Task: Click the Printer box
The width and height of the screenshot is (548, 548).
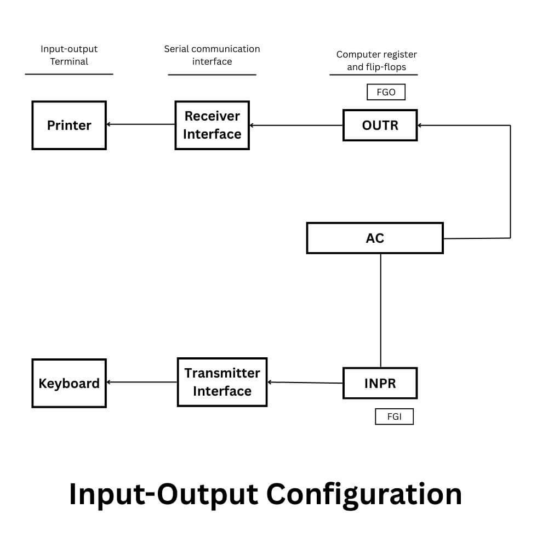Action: click(69, 125)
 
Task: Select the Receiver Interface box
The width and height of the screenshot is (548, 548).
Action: click(212, 125)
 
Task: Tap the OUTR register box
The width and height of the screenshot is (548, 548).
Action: click(380, 125)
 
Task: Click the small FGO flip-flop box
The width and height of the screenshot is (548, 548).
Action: click(386, 92)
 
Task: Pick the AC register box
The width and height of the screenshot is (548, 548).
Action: click(375, 238)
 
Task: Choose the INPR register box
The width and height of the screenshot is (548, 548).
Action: click(380, 383)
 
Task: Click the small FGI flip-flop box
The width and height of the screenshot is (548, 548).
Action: click(394, 416)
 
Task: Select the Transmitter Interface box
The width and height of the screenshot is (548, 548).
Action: click(222, 382)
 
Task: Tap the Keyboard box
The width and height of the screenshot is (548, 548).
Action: click(69, 383)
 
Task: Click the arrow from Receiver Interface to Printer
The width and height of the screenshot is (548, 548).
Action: click(140, 124)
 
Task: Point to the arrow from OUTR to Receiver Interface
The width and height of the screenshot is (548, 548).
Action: click(296, 125)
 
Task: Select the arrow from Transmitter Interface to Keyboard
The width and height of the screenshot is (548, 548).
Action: click(141, 382)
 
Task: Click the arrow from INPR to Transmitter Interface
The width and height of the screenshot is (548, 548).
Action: click(305, 383)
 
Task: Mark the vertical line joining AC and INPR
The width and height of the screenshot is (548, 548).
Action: click(380, 310)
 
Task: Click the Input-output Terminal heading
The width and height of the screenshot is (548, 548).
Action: click(69, 55)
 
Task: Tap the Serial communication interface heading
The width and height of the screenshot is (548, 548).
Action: click(212, 55)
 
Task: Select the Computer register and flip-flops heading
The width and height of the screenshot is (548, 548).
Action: click(376, 60)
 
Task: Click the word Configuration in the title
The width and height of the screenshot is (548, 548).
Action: click(364, 494)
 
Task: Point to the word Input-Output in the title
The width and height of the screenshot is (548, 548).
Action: click(163, 494)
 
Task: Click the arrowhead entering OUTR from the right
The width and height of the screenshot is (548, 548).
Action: click(421, 125)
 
